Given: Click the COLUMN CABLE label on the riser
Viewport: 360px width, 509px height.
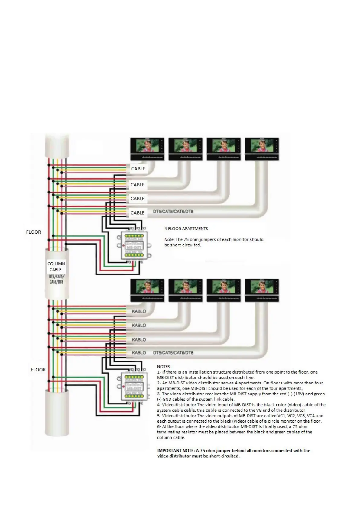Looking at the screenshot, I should click(56, 267).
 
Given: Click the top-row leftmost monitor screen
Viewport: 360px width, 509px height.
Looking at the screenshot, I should click(147, 146).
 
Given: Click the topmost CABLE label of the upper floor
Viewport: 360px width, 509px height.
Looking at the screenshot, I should click(138, 169).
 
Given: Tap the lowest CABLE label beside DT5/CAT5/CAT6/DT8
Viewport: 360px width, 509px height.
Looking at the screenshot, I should click(138, 213).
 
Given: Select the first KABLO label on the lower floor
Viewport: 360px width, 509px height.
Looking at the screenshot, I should click(139, 311).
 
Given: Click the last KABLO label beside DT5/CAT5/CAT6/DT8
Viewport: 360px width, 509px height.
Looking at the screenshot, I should click(139, 353).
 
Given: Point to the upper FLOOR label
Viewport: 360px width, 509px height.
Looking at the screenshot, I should click(34, 232).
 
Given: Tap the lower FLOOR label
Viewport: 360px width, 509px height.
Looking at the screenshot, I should click(38, 370).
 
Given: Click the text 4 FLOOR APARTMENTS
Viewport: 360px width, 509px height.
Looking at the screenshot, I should click(186, 229).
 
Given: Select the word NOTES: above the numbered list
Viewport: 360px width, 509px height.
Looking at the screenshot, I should click(164, 367).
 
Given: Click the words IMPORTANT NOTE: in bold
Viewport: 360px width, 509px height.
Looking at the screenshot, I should click(176, 450).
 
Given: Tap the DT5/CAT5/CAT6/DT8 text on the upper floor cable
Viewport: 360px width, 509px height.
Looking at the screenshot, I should click(173, 212).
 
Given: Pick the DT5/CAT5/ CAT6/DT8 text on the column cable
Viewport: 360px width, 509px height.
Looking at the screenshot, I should click(57, 279).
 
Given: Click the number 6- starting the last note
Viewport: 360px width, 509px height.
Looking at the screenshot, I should click(159, 426).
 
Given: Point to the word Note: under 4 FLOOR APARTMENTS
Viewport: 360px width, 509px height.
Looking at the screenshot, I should click(169, 239).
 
